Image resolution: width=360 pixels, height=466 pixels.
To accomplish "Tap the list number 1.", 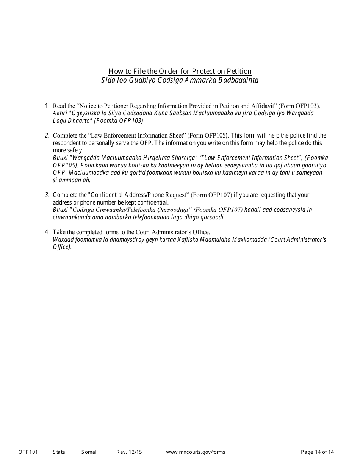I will point(47,106).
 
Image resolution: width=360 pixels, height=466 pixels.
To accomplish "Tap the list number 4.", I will point(47,232).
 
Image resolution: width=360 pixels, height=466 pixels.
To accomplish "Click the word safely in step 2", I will point(75,150).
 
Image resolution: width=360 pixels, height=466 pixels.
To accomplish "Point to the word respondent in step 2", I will point(67,143).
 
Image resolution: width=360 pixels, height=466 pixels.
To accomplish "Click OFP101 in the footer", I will point(28,452).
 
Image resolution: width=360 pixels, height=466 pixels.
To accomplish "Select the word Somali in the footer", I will point(89,452).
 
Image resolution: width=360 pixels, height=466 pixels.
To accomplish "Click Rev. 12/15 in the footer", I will point(129,452).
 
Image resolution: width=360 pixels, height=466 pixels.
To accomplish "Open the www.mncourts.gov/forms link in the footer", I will point(196,452).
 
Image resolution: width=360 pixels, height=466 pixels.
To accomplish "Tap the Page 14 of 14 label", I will point(317,452).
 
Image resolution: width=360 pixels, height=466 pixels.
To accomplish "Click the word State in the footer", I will point(59,452).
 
